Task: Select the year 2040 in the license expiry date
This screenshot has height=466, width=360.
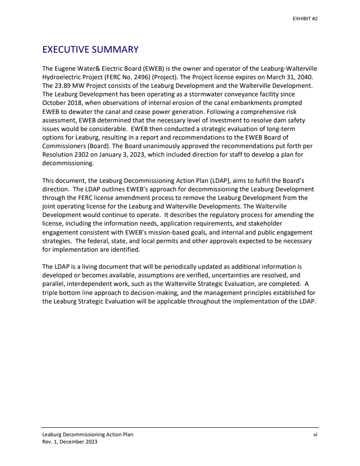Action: (x=304, y=77)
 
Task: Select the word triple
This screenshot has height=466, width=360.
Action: (x=50, y=293)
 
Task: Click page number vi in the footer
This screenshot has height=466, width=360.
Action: (x=316, y=434)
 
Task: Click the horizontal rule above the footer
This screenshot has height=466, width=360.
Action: (x=180, y=427)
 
